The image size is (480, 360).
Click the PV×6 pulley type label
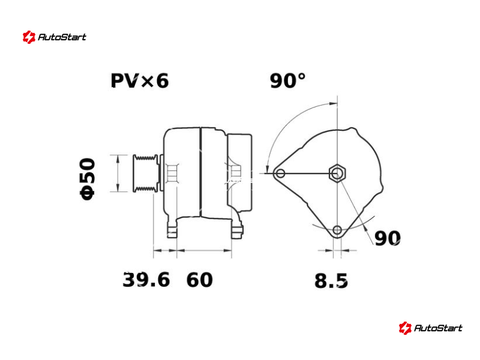140,81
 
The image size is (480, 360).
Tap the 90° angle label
287,81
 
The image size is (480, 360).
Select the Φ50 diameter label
88,179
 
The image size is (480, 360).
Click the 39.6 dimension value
146,280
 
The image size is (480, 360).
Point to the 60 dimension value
199,280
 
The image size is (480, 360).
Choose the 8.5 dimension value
331,281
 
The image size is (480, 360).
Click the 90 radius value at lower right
387,238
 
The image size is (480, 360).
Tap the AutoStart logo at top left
55,37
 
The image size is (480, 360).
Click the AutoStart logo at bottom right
430,328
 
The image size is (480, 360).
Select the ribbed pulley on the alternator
146,173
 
